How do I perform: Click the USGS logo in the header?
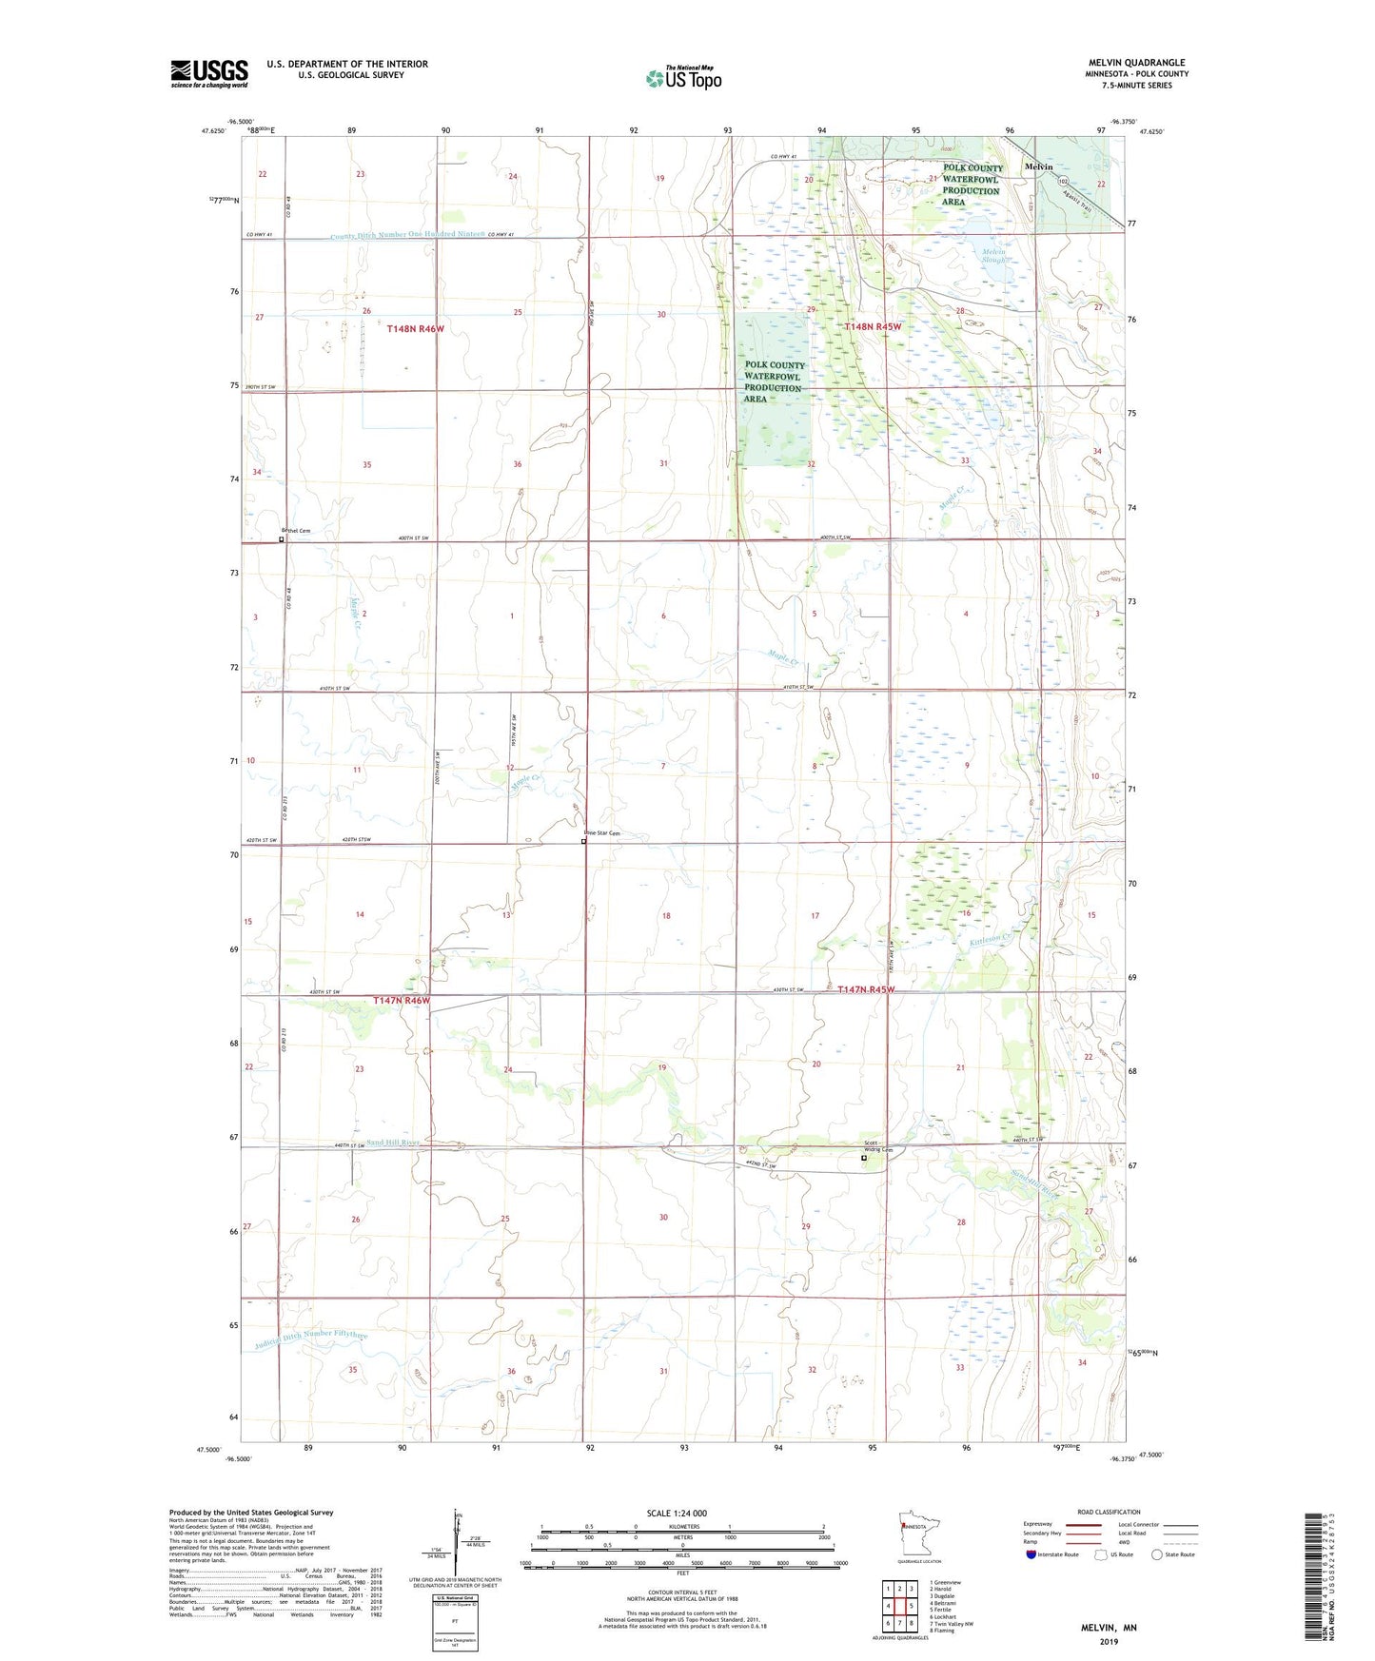pyautogui.click(x=209, y=73)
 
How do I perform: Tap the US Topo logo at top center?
pyautogui.click(x=683, y=78)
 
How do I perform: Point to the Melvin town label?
pyautogui.click(x=1038, y=166)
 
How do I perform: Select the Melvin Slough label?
pyautogui.click(x=994, y=257)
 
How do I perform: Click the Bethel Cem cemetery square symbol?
pyautogui.click(x=282, y=539)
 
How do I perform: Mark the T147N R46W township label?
pyautogui.click(x=402, y=1001)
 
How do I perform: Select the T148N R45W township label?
pyautogui.click(x=872, y=326)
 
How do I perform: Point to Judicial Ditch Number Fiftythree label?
pyautogui.click(x=312, y=1339)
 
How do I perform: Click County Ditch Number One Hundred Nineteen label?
pyautogui.click(x=408, y=235)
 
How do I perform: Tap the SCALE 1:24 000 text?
pyautogui.click(x=677, y=1513)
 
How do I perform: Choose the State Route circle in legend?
pyautogui.click(x=1156, y=1554)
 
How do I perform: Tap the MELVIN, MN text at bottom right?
pyautogui.click(x=1109, y=1628)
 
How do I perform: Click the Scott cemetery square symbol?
pyautogui.click(x=864, y=1158)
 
